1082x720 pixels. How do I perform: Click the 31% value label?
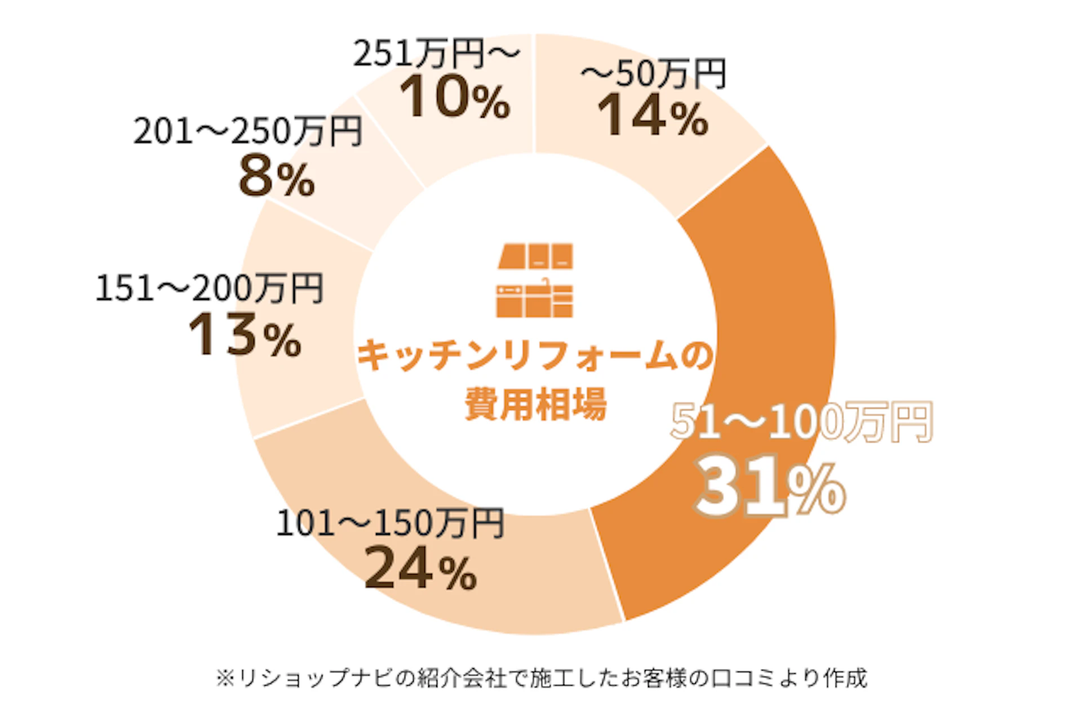(770, 490)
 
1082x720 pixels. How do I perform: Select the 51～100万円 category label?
(801, 422)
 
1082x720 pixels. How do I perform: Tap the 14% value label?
(653, 116)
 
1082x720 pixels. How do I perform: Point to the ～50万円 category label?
(654, 74)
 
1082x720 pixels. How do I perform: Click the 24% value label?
(420, 570)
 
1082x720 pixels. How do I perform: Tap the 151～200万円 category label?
(209, 288)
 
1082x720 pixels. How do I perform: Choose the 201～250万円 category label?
(247, 131)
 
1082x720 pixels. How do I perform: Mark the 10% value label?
(454, 97)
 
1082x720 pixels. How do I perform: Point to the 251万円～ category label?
(436, 54)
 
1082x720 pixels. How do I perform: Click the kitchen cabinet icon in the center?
(535, 281)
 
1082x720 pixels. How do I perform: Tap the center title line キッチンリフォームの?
(535, 356)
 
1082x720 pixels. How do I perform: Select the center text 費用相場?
(535, 403)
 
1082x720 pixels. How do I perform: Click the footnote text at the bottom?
(541, 678)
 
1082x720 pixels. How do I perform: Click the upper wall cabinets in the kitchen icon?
(535, 256)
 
